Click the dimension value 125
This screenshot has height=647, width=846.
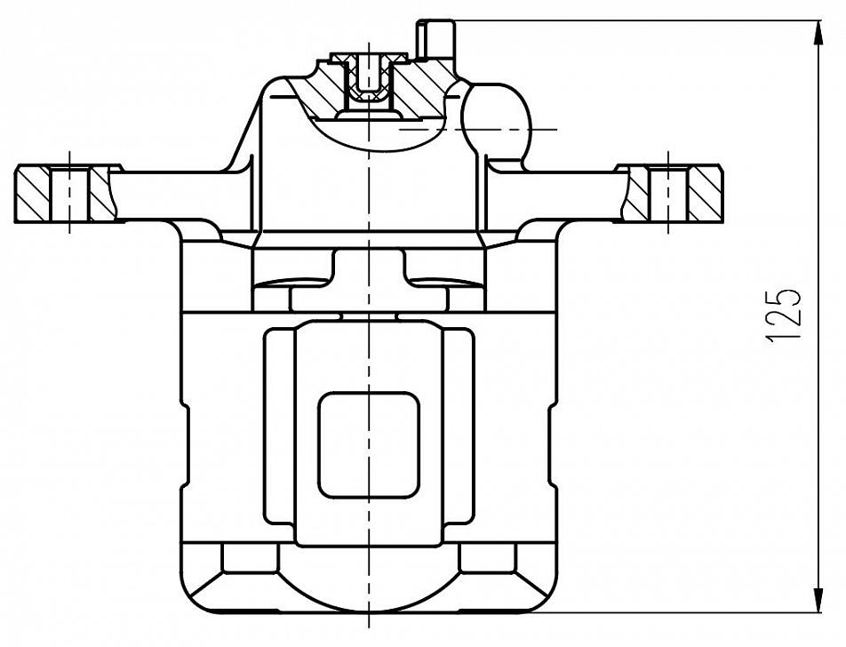(783, 315)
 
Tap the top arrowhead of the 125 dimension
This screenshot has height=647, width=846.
(819, 32)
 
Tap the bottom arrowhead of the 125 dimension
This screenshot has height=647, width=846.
(819, 599)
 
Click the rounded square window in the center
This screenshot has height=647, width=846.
(369, 444)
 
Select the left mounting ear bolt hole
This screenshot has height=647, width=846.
(70, 194)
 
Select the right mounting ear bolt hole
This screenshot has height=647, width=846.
(668, 194)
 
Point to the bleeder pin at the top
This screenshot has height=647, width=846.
(435, 39)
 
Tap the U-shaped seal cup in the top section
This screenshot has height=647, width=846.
(370, 81)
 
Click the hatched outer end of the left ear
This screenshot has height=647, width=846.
(32, 194)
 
